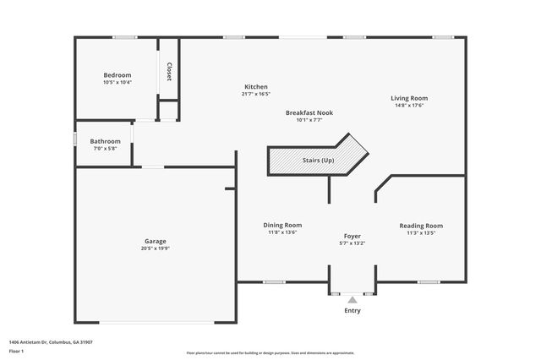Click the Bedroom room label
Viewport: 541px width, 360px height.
117,75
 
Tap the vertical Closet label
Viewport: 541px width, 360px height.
169,72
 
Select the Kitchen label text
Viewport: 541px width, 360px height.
256,87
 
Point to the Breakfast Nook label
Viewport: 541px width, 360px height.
309,112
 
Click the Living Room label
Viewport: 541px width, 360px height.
408,98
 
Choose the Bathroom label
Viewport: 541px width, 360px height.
106,141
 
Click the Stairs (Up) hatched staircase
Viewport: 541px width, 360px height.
318,160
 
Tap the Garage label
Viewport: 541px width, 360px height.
155,242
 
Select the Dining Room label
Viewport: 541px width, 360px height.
282,225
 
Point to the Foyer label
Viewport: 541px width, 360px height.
352,236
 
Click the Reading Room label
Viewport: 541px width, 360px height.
421,226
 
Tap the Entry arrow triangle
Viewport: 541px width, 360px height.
352,299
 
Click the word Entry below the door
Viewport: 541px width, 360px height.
352,310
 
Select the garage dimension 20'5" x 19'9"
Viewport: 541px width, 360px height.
155,249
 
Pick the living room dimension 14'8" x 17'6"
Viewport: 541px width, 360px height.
408,106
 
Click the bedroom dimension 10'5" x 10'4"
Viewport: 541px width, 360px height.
117,83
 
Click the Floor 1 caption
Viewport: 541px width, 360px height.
16,350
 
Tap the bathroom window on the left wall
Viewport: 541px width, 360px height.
75,138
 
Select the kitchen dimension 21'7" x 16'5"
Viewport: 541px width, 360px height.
256,95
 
